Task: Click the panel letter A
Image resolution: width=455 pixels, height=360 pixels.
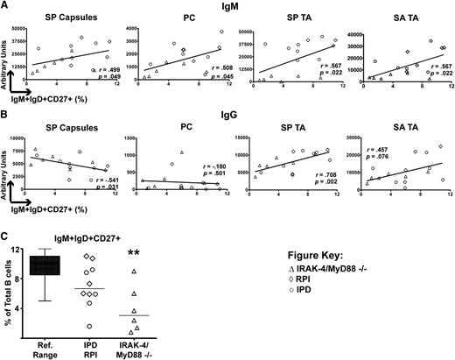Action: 5,6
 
